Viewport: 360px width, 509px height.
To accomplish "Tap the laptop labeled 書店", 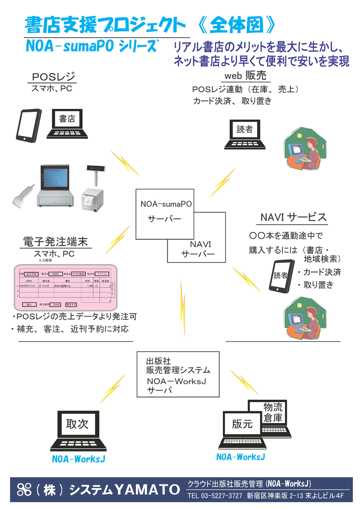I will (67, 123).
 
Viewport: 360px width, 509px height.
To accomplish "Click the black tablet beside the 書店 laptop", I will (28, 124).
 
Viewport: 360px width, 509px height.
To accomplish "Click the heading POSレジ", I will (54, 77).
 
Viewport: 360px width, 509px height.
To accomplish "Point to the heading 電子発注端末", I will (56, 242).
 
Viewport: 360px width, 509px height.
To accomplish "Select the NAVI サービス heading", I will (294, 218).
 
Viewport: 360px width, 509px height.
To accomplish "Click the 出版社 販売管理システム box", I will (178, 374).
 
